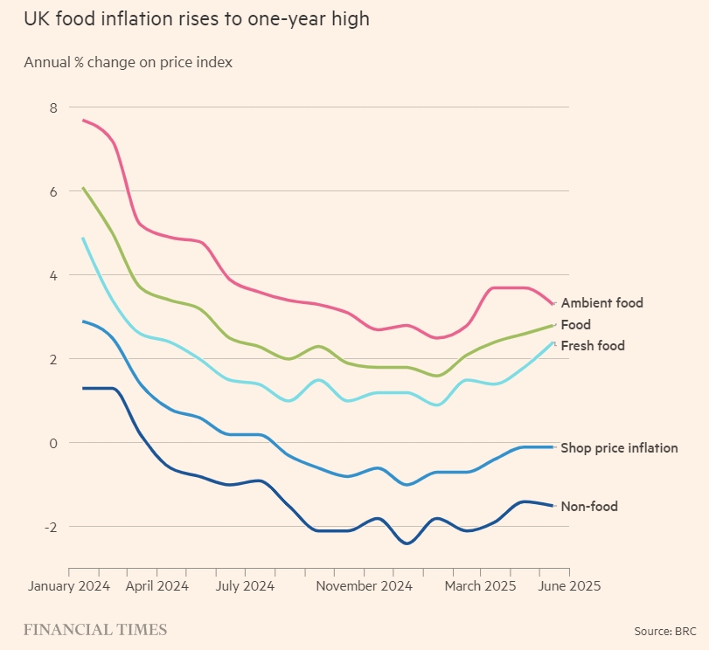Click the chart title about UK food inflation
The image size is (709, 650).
pos(197,19)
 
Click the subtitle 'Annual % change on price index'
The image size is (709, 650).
pos(128,63)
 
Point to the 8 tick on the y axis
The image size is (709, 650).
pos(52,107)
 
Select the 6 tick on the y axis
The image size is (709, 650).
pos(52,191)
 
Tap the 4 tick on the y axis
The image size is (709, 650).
pos(52,275)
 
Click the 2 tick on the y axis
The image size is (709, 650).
pos(52,359)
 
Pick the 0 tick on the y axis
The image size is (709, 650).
pos(52,443)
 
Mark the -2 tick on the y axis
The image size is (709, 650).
pos(50,527)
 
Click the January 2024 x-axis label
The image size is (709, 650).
pos(69,585)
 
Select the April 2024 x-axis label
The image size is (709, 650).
pos(156,585)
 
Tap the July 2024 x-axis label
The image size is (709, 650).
pos(245,585)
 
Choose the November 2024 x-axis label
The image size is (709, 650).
pos(364,585)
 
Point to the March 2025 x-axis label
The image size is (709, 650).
pos(481,585)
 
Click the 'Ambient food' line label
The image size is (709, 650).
pos(601,303)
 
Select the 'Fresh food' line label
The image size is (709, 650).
pos(593,346)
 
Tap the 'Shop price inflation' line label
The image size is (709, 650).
pos(619,448)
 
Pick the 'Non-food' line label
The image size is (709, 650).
pos(589,507)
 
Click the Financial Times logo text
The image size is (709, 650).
pos(95,630)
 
